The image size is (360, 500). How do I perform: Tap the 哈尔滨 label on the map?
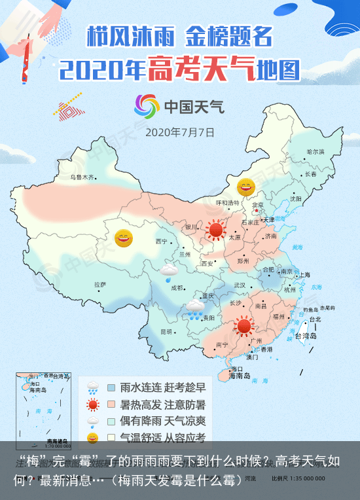click(315, 151)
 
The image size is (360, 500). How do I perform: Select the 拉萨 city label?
click(99, 285)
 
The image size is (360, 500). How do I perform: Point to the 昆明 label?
click(168, 331)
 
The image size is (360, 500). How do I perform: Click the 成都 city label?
click(177, 287)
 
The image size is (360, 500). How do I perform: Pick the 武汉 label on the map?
click(240, 285)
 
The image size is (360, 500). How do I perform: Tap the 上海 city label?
click(303, 275)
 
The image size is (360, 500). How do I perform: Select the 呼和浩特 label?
click(228, 202)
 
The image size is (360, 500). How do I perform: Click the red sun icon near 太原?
click(215, 230)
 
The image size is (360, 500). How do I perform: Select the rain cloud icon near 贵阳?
click(194, 310)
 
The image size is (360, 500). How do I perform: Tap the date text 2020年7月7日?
click(179, 132)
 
